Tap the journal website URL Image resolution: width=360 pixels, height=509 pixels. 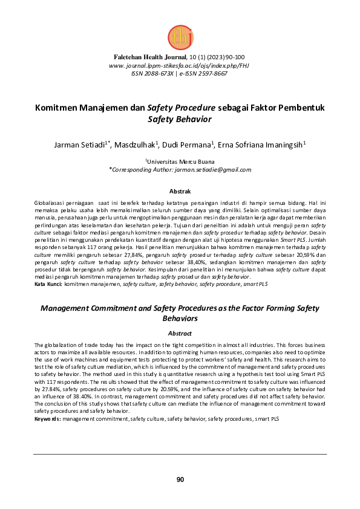pyautogui.click(x=179, y=65)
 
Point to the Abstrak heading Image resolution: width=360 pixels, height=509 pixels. pyautogui.click(x=180, y=191)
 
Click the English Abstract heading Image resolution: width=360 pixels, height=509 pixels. pyautogui.click(x=180, y=333)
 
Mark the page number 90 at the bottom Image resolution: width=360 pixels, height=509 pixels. pyautogui.click(x=180, y=479)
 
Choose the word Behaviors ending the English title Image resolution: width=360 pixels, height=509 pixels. pyautogui.click(x=180, y=318)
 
